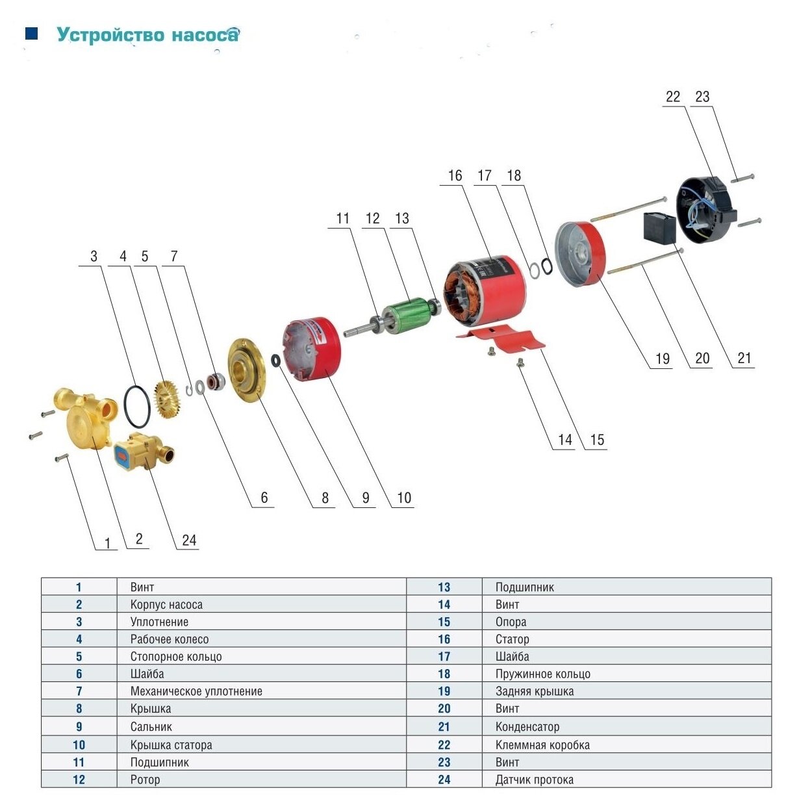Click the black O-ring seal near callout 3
point(138,404)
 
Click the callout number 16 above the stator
point(455,175)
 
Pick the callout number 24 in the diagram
point(189,540)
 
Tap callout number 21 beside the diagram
point(744,358)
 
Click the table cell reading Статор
point(512,639)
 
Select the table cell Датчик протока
point(534,780)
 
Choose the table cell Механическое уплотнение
point(196,691)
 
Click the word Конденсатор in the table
point(527,726)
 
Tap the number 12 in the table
point(79,780)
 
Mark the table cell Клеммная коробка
point(542,744)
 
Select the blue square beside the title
point(31,33)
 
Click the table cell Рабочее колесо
point(169,639)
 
